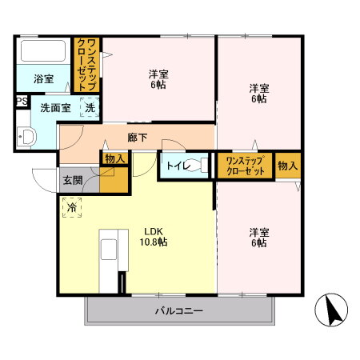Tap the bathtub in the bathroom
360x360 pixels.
click(44, 52)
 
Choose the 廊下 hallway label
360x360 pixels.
click(137, 137)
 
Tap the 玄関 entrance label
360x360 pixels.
click(73, 180)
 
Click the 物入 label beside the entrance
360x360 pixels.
click(114, 159)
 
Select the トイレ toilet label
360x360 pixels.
click(177, 166)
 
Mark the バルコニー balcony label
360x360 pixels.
click(179, 310)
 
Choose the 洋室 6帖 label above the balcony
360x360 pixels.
click(258, 238)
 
